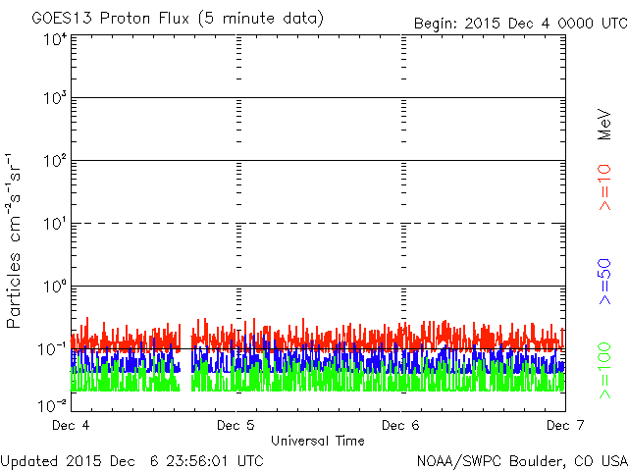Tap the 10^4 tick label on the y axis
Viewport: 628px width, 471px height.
[55, 39]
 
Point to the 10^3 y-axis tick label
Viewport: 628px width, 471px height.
[55, 99]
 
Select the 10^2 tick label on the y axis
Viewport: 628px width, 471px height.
[55, 162]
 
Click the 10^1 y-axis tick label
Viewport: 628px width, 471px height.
[55, 225]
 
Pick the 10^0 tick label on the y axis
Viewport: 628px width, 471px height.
[55, 288]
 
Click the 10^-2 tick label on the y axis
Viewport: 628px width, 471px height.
[53, 403]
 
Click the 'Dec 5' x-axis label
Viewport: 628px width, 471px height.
[236, 426]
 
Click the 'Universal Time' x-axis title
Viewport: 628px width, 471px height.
[318, 441]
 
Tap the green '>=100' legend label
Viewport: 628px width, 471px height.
[605, 370]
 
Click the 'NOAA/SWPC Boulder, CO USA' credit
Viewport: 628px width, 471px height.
[521, 460]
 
